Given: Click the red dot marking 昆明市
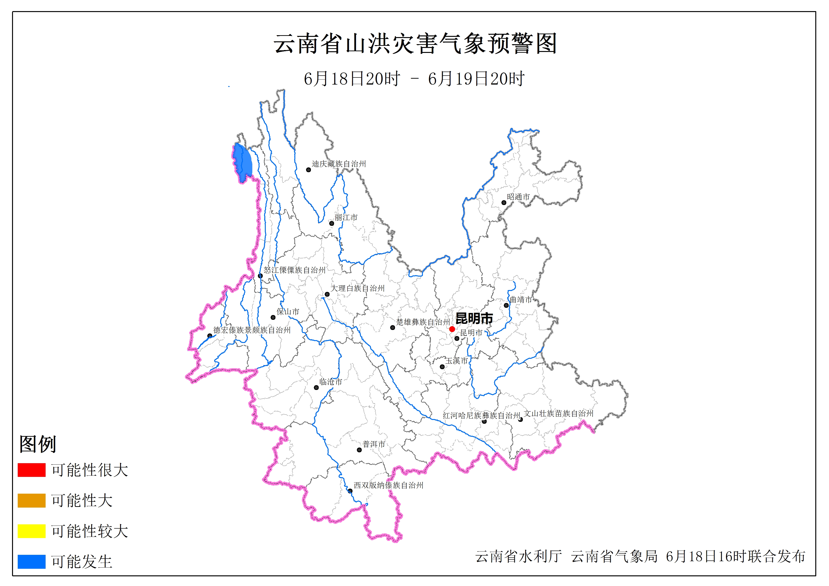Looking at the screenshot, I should tap(452, 329).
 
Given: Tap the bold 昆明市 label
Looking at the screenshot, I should tap(474, 318).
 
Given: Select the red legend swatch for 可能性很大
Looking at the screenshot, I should tap(31, 470).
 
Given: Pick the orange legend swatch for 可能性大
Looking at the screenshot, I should tap(31, 500).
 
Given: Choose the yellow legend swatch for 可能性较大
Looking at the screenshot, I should tap(31, 531).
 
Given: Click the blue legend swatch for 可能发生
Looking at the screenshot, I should tap(31, 561).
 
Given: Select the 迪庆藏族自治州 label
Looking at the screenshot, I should tap(339, 164).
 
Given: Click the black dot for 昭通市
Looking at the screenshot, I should tap(504, 203).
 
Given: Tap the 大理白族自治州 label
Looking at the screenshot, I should tap(357, 288).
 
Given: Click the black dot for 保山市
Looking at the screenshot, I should tap(273, 317).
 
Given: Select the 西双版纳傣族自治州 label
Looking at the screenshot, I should tap(388, 485).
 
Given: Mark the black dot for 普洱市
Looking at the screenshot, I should tap(359, 450).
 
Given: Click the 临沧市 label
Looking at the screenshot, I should tap(331, 382).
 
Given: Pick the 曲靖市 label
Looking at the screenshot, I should tap(521, 299).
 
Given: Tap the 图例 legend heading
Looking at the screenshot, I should tap(38, 444).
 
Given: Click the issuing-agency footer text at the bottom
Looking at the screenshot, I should tap(640, 556).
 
